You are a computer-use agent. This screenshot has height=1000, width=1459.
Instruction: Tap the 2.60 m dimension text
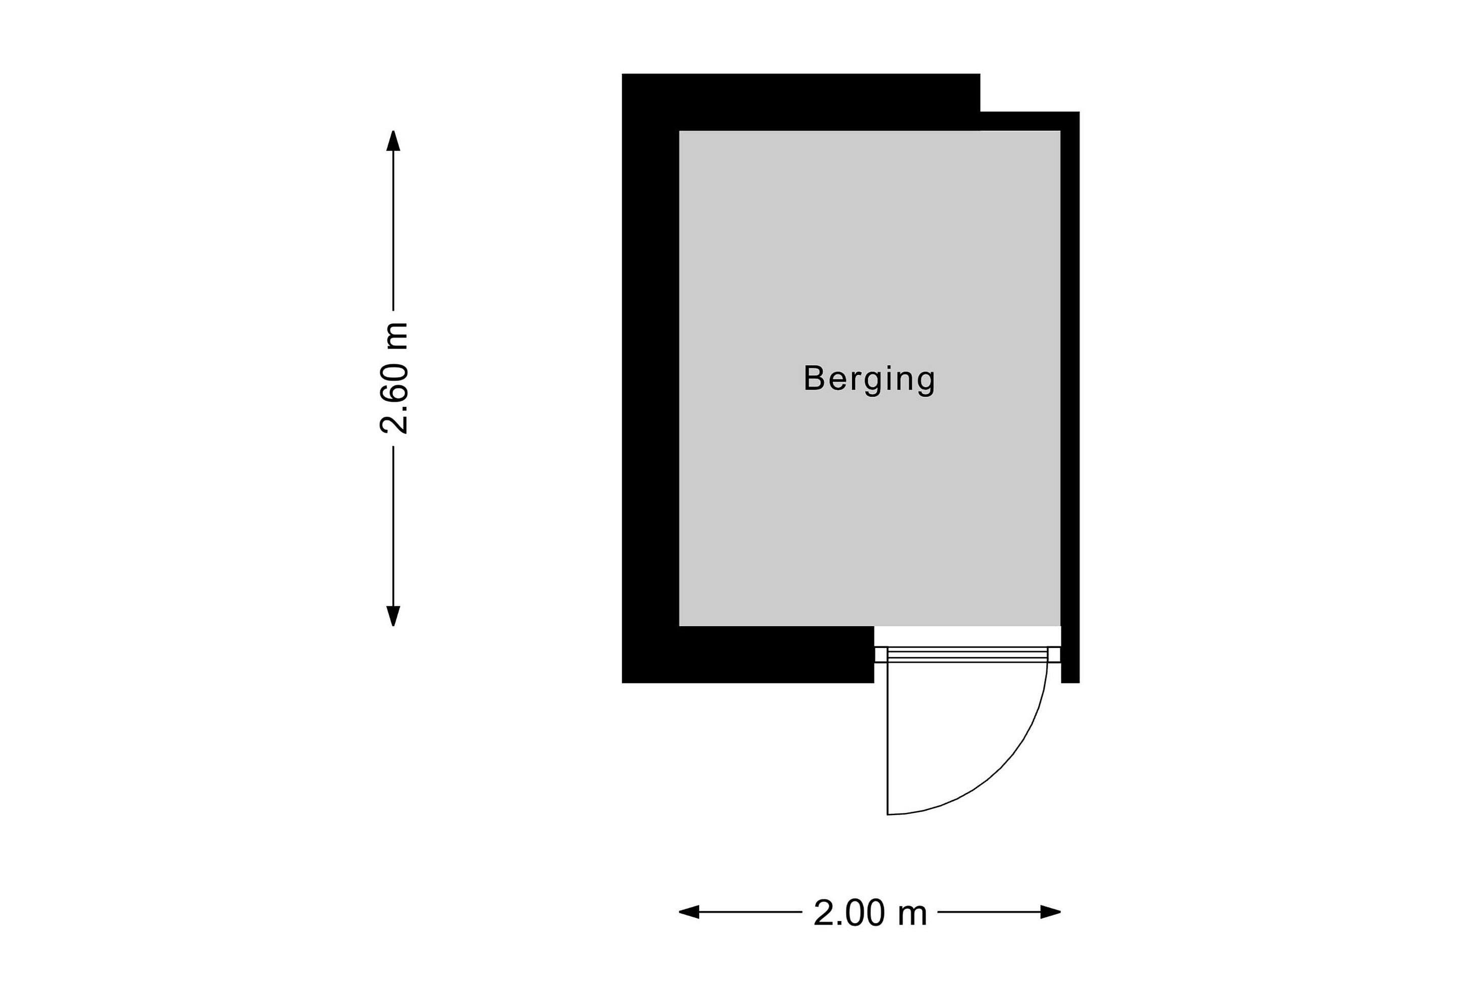pos(394,378)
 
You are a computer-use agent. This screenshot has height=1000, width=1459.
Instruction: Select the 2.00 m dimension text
pos(870,913)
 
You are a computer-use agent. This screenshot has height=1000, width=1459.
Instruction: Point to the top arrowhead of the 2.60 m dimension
pos(393,141)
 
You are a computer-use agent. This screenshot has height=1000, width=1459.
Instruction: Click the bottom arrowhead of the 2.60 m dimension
pos(393,617)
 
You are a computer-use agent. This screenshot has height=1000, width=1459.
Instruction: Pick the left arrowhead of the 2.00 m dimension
pos(689,912)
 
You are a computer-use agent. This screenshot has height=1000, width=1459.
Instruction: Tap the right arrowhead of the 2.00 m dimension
pos(1050,912)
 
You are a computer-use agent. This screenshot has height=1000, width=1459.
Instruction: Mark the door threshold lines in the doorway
pos(968,655)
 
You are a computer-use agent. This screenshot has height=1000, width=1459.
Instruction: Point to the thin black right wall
pos(1070,397)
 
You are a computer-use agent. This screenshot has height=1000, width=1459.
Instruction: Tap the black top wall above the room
pos(801,102)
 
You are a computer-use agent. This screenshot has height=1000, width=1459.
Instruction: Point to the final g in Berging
pos(926,383)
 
